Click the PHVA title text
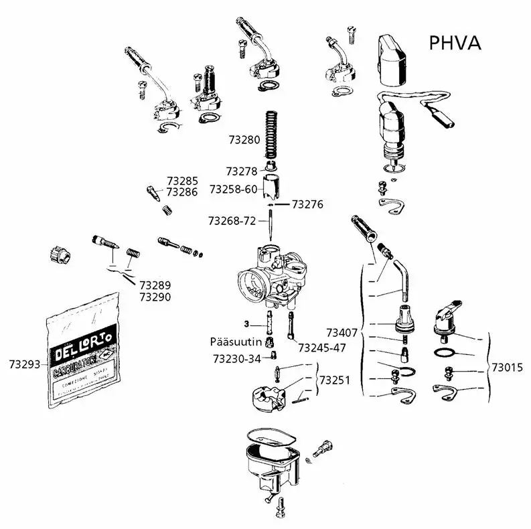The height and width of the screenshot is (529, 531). point(455,43)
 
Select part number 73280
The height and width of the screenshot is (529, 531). point(244,141)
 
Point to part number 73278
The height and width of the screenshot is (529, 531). point(242,171)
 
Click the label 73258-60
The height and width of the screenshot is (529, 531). point(233,190)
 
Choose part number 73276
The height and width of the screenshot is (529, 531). point(307,204)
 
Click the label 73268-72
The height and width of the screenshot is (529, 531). point(232,220)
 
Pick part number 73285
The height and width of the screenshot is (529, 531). point(182,181)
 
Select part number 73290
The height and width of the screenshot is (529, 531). point(155,297)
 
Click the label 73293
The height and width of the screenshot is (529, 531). point(25,364)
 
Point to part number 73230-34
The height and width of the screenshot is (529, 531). point(236,359)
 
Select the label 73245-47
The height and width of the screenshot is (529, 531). point(322,348)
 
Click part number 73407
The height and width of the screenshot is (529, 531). point(342,332)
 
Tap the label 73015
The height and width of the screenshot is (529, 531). point(508,367)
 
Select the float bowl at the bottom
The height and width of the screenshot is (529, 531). point(268,462)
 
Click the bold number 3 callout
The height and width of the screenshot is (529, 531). point(247,324)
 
